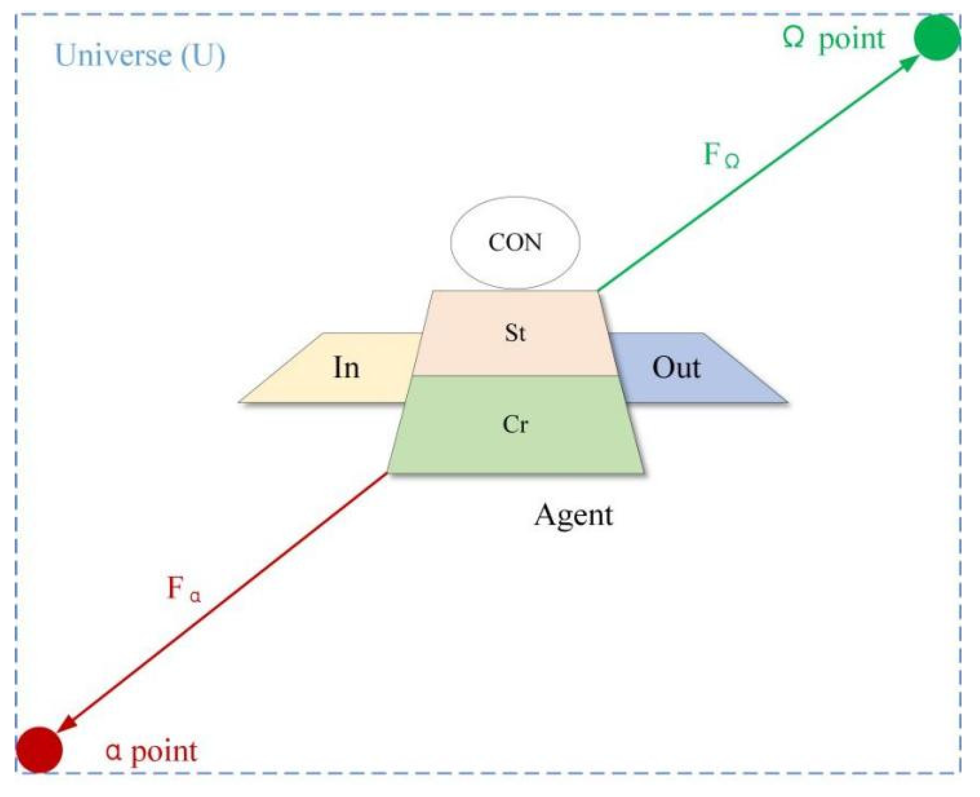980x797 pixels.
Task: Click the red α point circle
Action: [x=39, y=750]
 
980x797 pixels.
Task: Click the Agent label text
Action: [x=574, y=516]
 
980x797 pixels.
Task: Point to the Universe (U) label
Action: [x=140, y=55]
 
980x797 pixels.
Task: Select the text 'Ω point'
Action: [x=834, y=39]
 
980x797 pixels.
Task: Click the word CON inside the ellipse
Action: [x=515, y=243]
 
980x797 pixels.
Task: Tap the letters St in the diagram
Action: [x=515, y=333]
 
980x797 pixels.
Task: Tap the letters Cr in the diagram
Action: [x=515, y=424]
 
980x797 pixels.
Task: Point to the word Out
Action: [x=676, y=368]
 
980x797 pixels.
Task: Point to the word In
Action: [x=346, y=368]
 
